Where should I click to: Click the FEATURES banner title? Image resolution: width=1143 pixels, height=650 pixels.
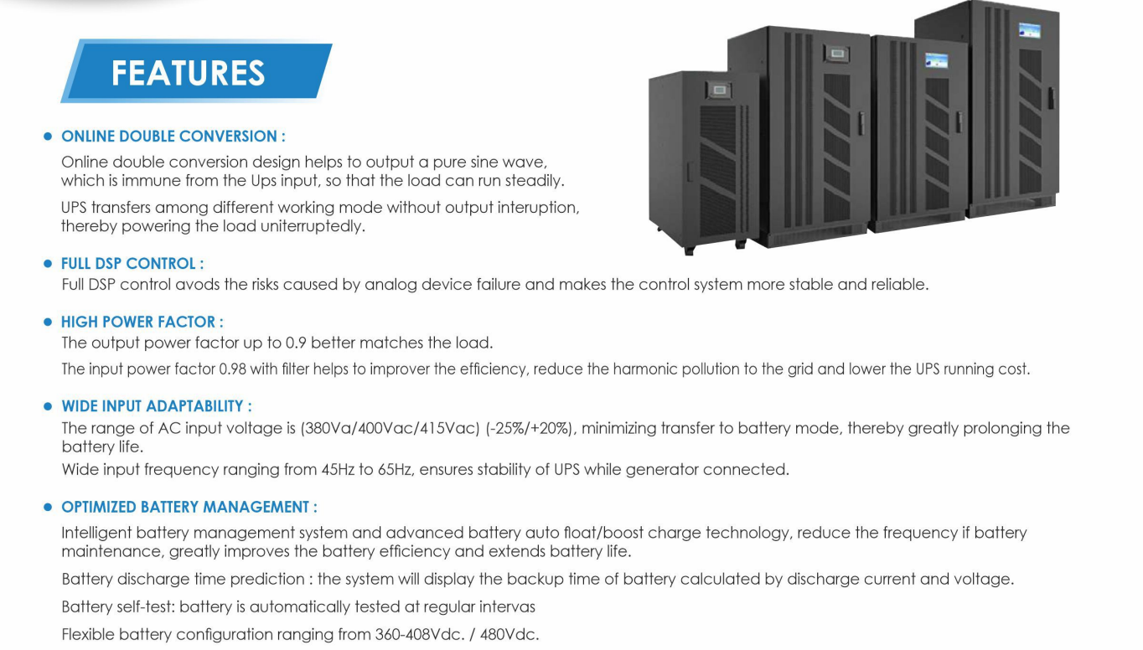point(188,73)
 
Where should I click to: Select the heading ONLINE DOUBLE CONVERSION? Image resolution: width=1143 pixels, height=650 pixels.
point(173,137)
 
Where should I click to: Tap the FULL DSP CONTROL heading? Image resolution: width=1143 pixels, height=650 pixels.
point(132,264)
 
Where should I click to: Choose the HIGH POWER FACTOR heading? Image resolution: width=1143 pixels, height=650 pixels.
point(142,322)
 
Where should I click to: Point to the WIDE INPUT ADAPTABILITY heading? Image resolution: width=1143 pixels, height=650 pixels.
point(156,406)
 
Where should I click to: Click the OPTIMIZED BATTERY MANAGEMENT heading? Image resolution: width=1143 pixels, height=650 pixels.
point(189,508)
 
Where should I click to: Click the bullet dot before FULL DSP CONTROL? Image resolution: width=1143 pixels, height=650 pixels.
point(48,264)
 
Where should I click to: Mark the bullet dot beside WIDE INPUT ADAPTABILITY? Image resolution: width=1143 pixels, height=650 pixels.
point(48,406)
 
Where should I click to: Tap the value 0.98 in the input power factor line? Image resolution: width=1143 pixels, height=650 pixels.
point(233,369)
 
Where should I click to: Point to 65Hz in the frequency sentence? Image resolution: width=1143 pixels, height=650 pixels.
point(395,470)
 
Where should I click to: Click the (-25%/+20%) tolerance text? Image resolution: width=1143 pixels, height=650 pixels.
point(530,429)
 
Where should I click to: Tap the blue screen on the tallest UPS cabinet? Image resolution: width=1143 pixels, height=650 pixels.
point(1029,31)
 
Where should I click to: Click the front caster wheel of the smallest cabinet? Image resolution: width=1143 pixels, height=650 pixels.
point(689,249)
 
